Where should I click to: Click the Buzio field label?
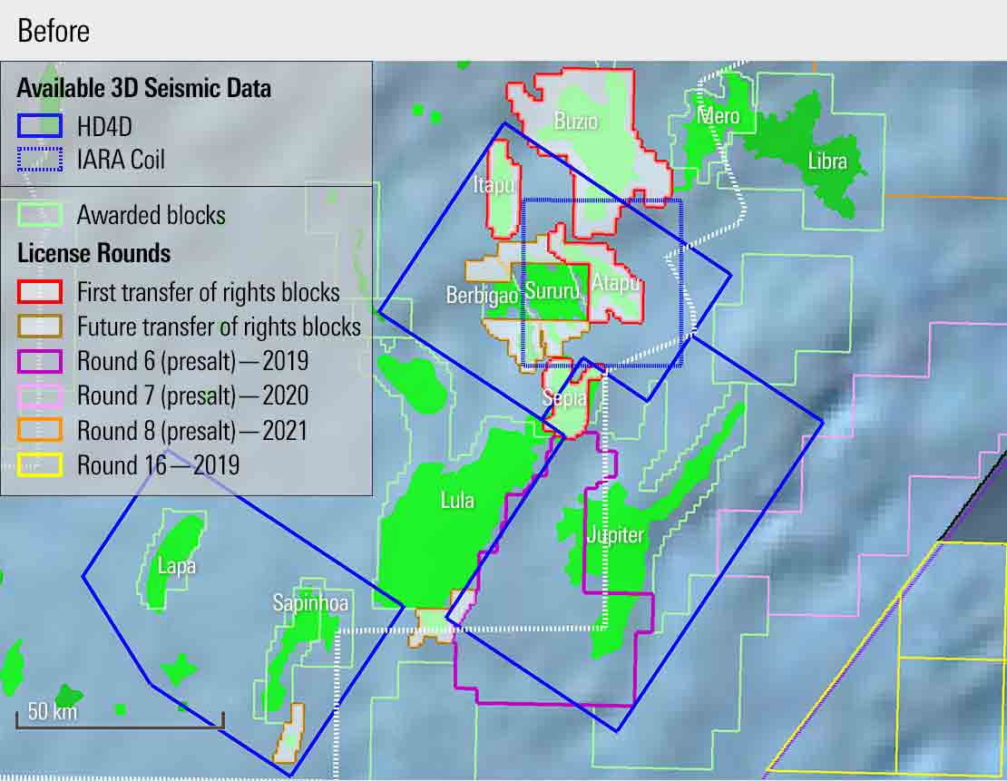pos(576,121)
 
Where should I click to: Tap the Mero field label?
pos(719,116)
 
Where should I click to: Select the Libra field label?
pos(826,161)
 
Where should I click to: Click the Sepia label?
pos(565,397)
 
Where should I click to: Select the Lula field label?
pos(457,500)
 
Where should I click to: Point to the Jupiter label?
pos(615,534)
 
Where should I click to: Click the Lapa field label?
pos(176,566)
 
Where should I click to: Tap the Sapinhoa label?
pos(310,603)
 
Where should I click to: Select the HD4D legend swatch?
pos(39,126)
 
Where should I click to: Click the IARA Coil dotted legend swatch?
pos(39,161)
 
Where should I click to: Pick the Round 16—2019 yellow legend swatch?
pos(39,465)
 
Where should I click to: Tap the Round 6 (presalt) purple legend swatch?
pos(39,361)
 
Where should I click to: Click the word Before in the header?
pos(54,31)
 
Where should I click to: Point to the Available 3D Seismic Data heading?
pos(143,89)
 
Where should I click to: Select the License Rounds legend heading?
pos(93,253)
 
